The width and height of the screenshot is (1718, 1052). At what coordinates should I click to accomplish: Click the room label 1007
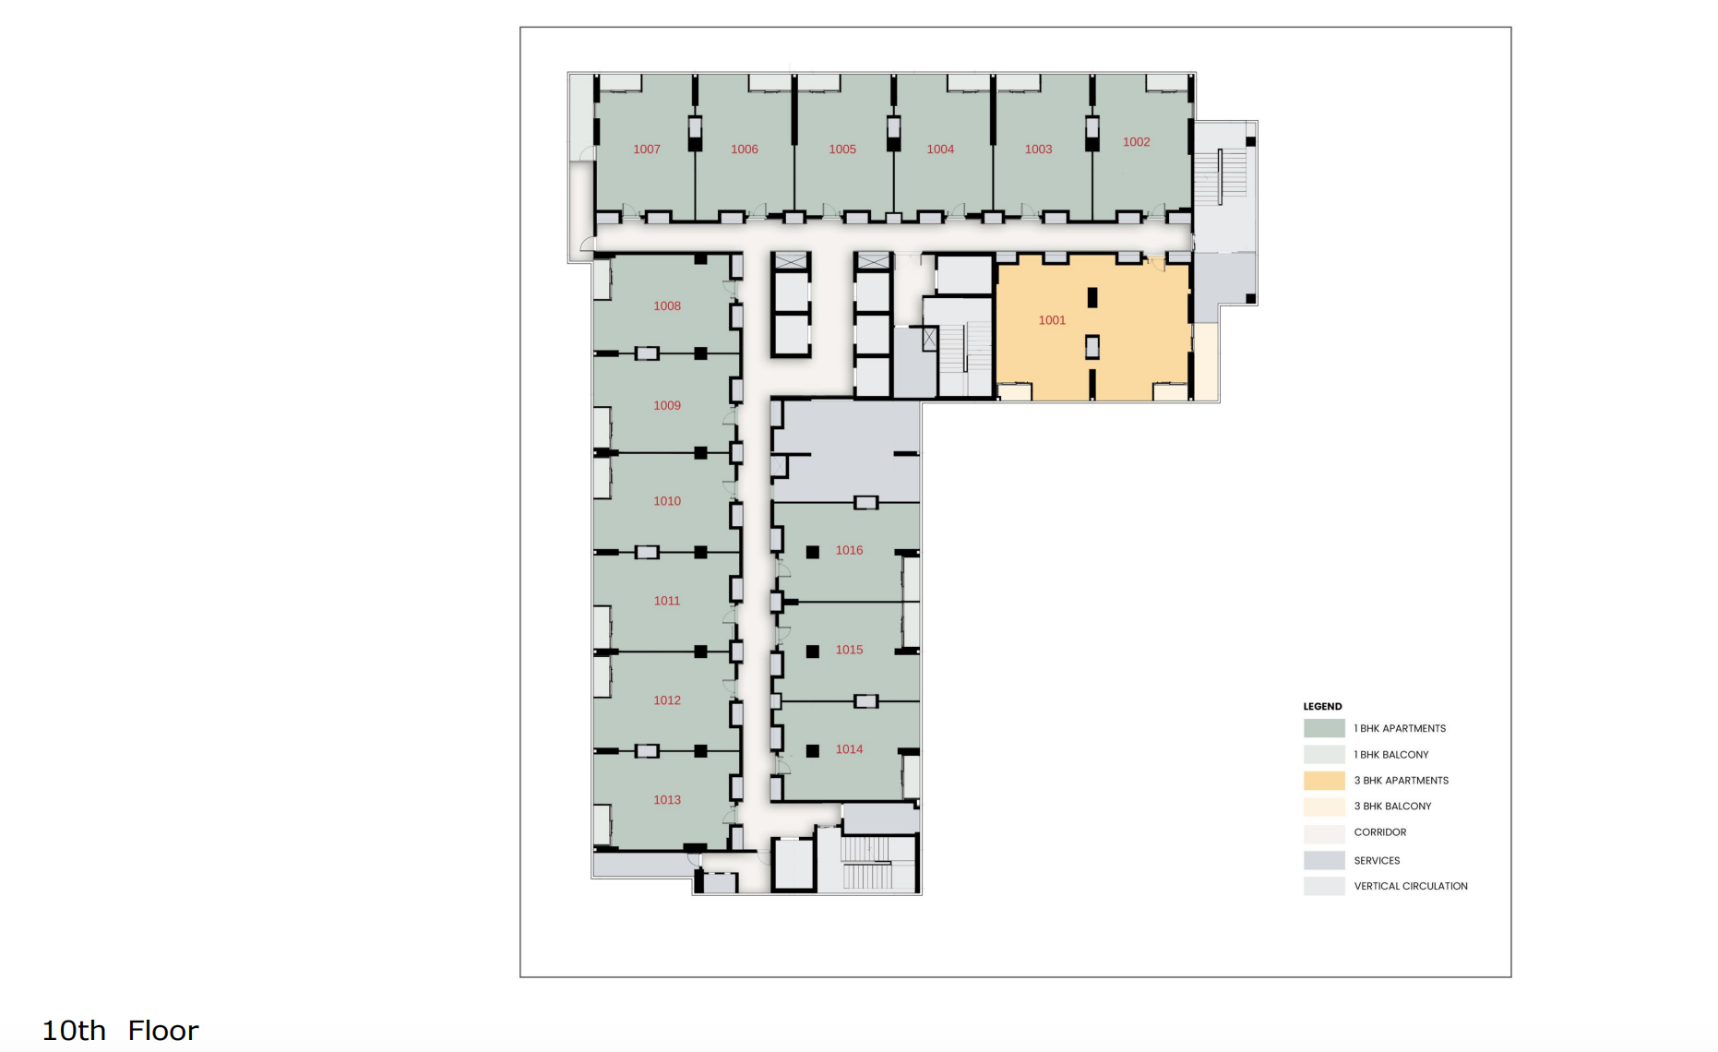coord(646,149)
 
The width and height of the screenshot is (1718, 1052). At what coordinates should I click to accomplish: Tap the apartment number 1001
coord(1051,320)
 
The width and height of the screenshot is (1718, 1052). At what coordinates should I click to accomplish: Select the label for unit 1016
coord(849,550)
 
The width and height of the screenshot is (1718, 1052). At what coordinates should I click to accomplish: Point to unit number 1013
coord(666,800)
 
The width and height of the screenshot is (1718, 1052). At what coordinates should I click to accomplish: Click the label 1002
coord(1136,142)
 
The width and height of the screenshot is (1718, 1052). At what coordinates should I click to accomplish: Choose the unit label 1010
coord(666,501)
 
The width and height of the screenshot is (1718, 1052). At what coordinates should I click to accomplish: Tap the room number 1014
coord(849,749)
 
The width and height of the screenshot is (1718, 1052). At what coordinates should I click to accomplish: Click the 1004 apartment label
coord(940,149)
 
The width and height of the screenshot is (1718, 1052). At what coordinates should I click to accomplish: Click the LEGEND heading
coord(1322,706)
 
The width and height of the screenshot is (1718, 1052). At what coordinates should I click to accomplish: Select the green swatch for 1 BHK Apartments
coord(1324,728)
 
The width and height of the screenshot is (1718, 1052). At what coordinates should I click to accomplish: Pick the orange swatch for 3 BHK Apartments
coord(1324,781)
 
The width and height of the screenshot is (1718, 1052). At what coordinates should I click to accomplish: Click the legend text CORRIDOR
coord(1379,832)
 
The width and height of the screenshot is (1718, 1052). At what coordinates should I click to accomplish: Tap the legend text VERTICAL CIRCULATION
coord(1410,886)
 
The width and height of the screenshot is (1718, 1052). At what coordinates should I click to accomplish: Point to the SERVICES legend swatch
coord(1324,860)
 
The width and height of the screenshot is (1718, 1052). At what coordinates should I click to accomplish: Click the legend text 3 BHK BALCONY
coord(1392,807)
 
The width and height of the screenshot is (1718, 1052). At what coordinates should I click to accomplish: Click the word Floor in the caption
coord(163,1031)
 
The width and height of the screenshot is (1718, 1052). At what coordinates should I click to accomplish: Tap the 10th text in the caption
coord(74,1031)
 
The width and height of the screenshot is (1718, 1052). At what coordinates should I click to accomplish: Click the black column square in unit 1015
coord(813,652)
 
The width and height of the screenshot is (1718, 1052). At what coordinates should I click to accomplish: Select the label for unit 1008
coord(666,306)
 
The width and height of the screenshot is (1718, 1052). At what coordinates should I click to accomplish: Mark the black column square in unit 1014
coord(813,751)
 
